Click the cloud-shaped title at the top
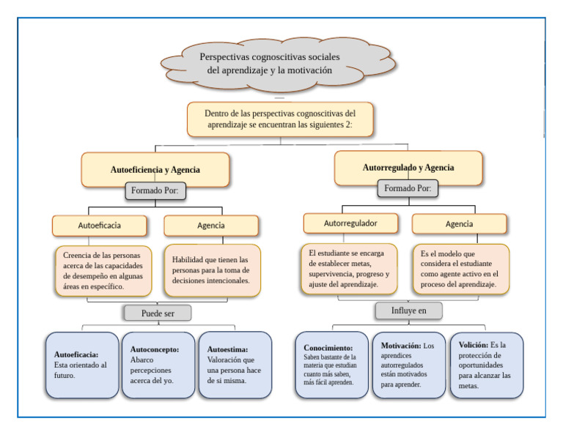tap(270, 64)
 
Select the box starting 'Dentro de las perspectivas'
tap(280, 119)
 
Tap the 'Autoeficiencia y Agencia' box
tap(155, 169)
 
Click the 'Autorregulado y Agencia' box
tap(408, 168)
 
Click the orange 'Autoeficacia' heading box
tap(100, 226)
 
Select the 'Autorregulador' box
tap(350, 223)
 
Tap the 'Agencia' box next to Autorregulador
tap(459, 224)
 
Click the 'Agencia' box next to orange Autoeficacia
tap(211, 226)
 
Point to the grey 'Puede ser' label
tap(157, 313)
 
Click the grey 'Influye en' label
tap(408, 311)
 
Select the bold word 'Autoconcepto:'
tap(155, 349)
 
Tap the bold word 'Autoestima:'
tap(227, 349)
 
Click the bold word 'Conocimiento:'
tap(328, 348)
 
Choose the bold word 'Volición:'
tap(474, 344)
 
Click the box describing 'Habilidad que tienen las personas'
tap(212, 270)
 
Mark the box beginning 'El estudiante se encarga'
tap(349, 269)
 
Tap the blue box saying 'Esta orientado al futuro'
tap(81, 365)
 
